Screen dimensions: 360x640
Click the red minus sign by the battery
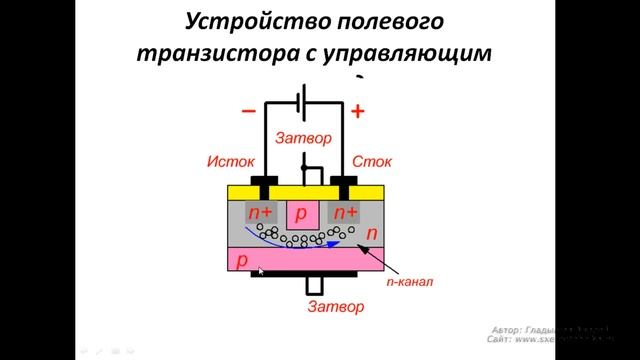coord(248,111)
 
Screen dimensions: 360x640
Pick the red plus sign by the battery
coord(357,111)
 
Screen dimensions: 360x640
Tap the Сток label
coord(372,161)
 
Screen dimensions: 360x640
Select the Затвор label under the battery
coord(304,140)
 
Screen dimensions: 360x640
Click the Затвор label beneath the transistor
coord(336,305)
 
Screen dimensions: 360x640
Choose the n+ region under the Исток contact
coord(261,212)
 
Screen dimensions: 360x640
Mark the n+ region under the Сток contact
coord(346,212)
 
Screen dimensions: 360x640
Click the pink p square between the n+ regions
coord(303,212)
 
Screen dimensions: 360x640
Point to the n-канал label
coord(409,282)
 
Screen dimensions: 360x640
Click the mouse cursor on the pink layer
coord(260,270)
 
